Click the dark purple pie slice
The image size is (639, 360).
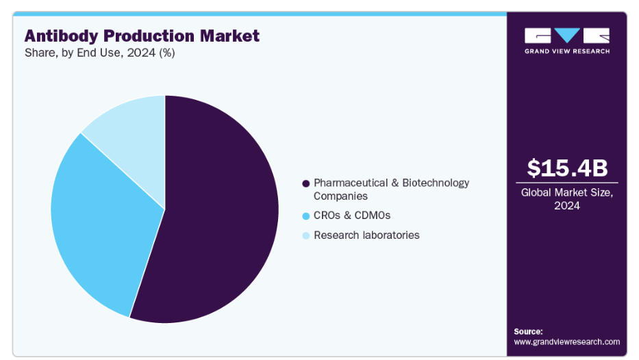point(219,219)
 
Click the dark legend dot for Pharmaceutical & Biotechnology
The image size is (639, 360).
point(305,183)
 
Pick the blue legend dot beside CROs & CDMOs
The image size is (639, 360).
point(305,216)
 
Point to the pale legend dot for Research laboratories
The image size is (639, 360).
point(305,236)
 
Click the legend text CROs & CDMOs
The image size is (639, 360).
point(352,216)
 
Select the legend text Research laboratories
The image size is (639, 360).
point(366,235)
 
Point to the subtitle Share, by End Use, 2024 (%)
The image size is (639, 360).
point(100,53)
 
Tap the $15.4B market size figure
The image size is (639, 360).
point(567,168)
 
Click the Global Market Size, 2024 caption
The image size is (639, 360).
point(567,198)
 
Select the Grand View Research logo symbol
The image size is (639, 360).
point(566,35)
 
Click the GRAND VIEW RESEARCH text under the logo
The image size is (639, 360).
point(566,51)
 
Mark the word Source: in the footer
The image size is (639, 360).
point(528,331)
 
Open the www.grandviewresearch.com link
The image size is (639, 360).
point(566,342)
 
